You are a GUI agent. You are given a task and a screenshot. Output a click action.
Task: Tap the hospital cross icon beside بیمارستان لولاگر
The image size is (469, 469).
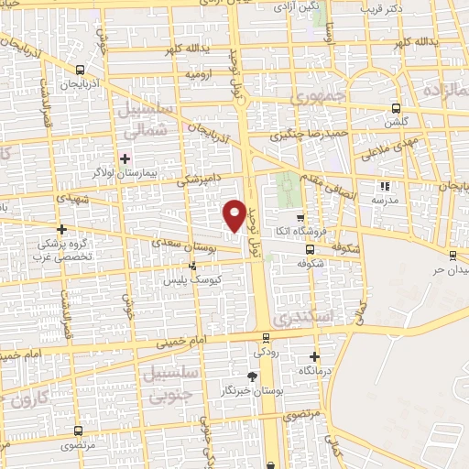click(125, 158)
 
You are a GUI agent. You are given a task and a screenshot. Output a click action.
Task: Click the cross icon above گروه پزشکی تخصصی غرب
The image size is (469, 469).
click(61, 229)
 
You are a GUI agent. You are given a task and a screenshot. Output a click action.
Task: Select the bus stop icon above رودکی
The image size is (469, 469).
click(267, 337)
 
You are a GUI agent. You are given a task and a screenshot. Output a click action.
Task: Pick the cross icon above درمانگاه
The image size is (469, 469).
click(315, 356)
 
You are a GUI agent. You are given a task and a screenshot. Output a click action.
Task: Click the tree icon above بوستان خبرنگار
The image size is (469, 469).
click(253, 376)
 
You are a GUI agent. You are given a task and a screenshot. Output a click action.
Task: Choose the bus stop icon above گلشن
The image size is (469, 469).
click(396, 106)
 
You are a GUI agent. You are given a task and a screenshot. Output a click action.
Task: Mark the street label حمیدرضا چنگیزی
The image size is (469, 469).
click(307, 134)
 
